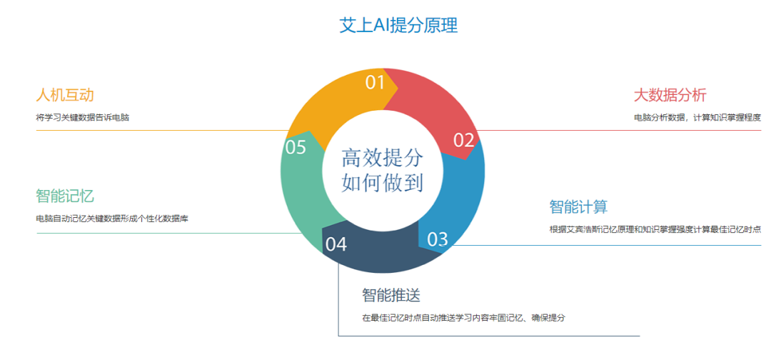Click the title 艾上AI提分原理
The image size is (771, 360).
click(x=398, y=26)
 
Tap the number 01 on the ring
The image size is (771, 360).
click(x=376, y=83)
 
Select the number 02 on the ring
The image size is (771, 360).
click(x=464, y=140)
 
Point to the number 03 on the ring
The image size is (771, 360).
click(x=438, y=239)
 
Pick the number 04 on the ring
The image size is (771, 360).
click(x=336, y=244)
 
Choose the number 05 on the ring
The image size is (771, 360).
click(x=296, y=148)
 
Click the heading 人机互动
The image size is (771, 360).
click(x=65, y=95)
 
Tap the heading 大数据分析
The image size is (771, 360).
click(x=670, y=95)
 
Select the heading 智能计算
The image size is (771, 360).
click(x=578, y=207)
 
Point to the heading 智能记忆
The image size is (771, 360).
click(x=65, y=196)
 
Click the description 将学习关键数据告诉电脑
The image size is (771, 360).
click(x=87, y=117)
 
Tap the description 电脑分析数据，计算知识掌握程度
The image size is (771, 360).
click(x=697, y=117)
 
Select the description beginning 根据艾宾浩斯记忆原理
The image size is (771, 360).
click(x=655, y=229)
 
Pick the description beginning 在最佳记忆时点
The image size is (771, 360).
click(x=464, y=317)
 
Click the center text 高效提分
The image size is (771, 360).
click(x=383, y=158)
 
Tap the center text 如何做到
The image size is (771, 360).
click(x=383, y=182)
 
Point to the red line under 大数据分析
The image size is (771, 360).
click(x=621, y=131)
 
